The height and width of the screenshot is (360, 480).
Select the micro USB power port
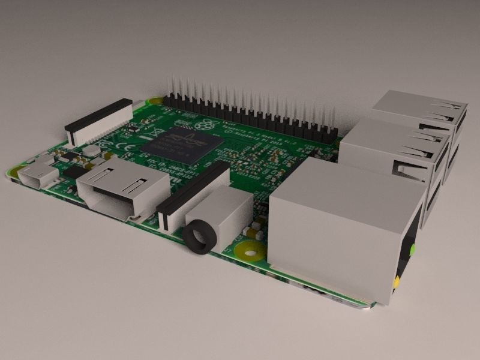click(x=37, y=176)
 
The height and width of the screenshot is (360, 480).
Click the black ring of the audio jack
click(x=198, y=237)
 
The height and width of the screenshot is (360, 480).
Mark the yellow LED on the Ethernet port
click(x=396, y=280)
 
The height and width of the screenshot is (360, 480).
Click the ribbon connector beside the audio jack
click(x=192, y=191)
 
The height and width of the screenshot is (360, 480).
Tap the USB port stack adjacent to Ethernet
click(x=396, y=150)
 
